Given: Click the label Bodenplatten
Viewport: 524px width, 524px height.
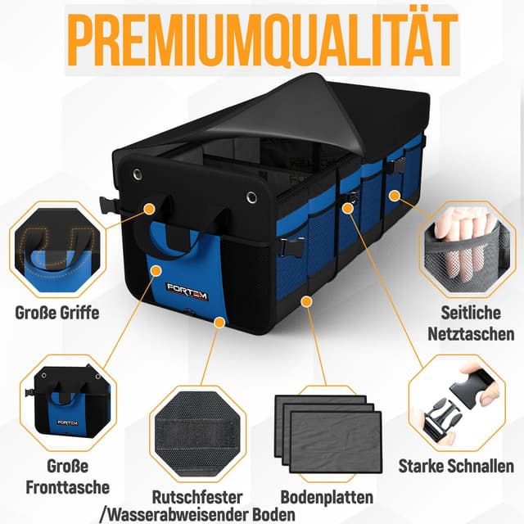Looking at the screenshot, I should point(327,497).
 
